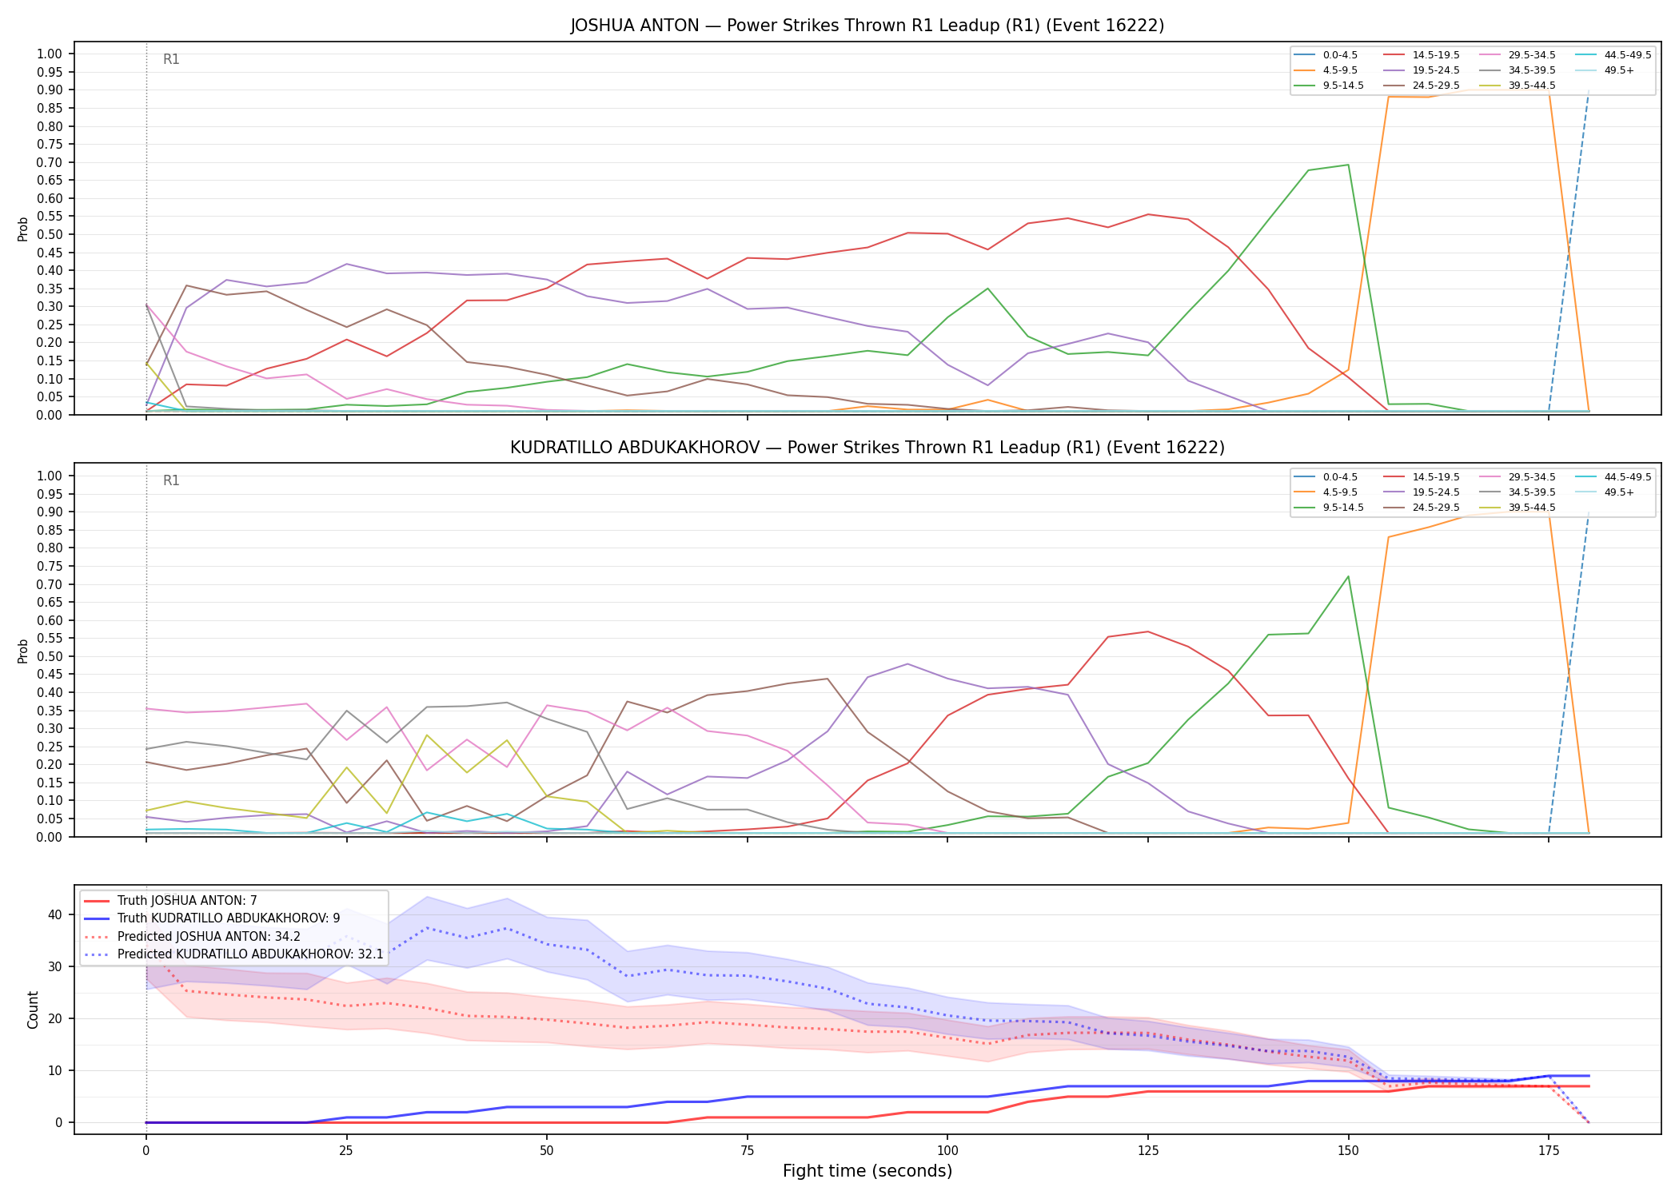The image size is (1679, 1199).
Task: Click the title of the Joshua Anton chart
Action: click(x=867, y=26)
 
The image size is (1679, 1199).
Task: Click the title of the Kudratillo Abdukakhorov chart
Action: click(x=867, y=448)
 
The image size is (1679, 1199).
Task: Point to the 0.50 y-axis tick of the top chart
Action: click(x=50, y=234)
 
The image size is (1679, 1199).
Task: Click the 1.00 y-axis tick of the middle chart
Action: click(x=50, y=476)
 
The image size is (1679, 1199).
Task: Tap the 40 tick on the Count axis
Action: click(x=55, y=914)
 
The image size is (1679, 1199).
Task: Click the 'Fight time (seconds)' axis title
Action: click(x=867, y=1171)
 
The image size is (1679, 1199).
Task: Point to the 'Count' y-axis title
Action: click(x=33, y=1010)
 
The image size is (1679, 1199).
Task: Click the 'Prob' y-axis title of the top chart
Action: click(x=23, y=229)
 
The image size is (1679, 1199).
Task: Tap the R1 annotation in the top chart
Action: click(x=171, y=59)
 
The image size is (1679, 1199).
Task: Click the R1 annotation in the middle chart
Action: click(x=171, y=480)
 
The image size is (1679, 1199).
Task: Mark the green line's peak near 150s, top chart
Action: click(x=1348, y=165)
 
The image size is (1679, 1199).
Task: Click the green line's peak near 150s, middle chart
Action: click(x=1348, y=576)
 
